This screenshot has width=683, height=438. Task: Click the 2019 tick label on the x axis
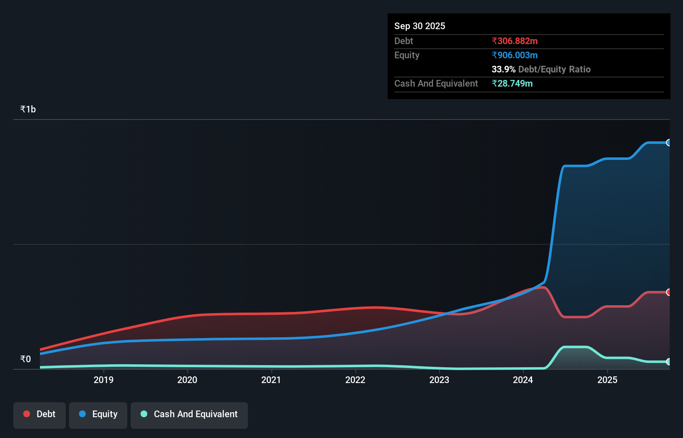point(103,380)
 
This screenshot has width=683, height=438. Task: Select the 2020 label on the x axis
point(187,380)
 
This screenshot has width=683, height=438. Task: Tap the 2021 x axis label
point(271,380)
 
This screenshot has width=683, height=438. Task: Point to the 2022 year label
point(355,380)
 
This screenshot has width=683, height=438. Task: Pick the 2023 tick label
point(439,380)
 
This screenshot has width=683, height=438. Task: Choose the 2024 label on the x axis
point(523,380)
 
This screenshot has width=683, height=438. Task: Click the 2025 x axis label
point(607,380)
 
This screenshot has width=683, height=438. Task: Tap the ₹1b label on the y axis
point(28,109)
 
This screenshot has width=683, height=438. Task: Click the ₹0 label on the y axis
point(25,359)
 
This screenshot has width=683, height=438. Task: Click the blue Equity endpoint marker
point(668,143)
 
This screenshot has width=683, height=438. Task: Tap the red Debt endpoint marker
point(668,292)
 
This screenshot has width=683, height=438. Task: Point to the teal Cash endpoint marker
point(668,362)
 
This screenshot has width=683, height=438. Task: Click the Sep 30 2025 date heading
point(420,26)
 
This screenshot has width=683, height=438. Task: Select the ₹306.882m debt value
point(515,41)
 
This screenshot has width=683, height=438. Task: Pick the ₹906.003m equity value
point(515,55)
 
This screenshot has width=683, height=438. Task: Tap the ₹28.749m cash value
point(512,83)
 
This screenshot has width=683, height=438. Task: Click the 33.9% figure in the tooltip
point(503,69)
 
